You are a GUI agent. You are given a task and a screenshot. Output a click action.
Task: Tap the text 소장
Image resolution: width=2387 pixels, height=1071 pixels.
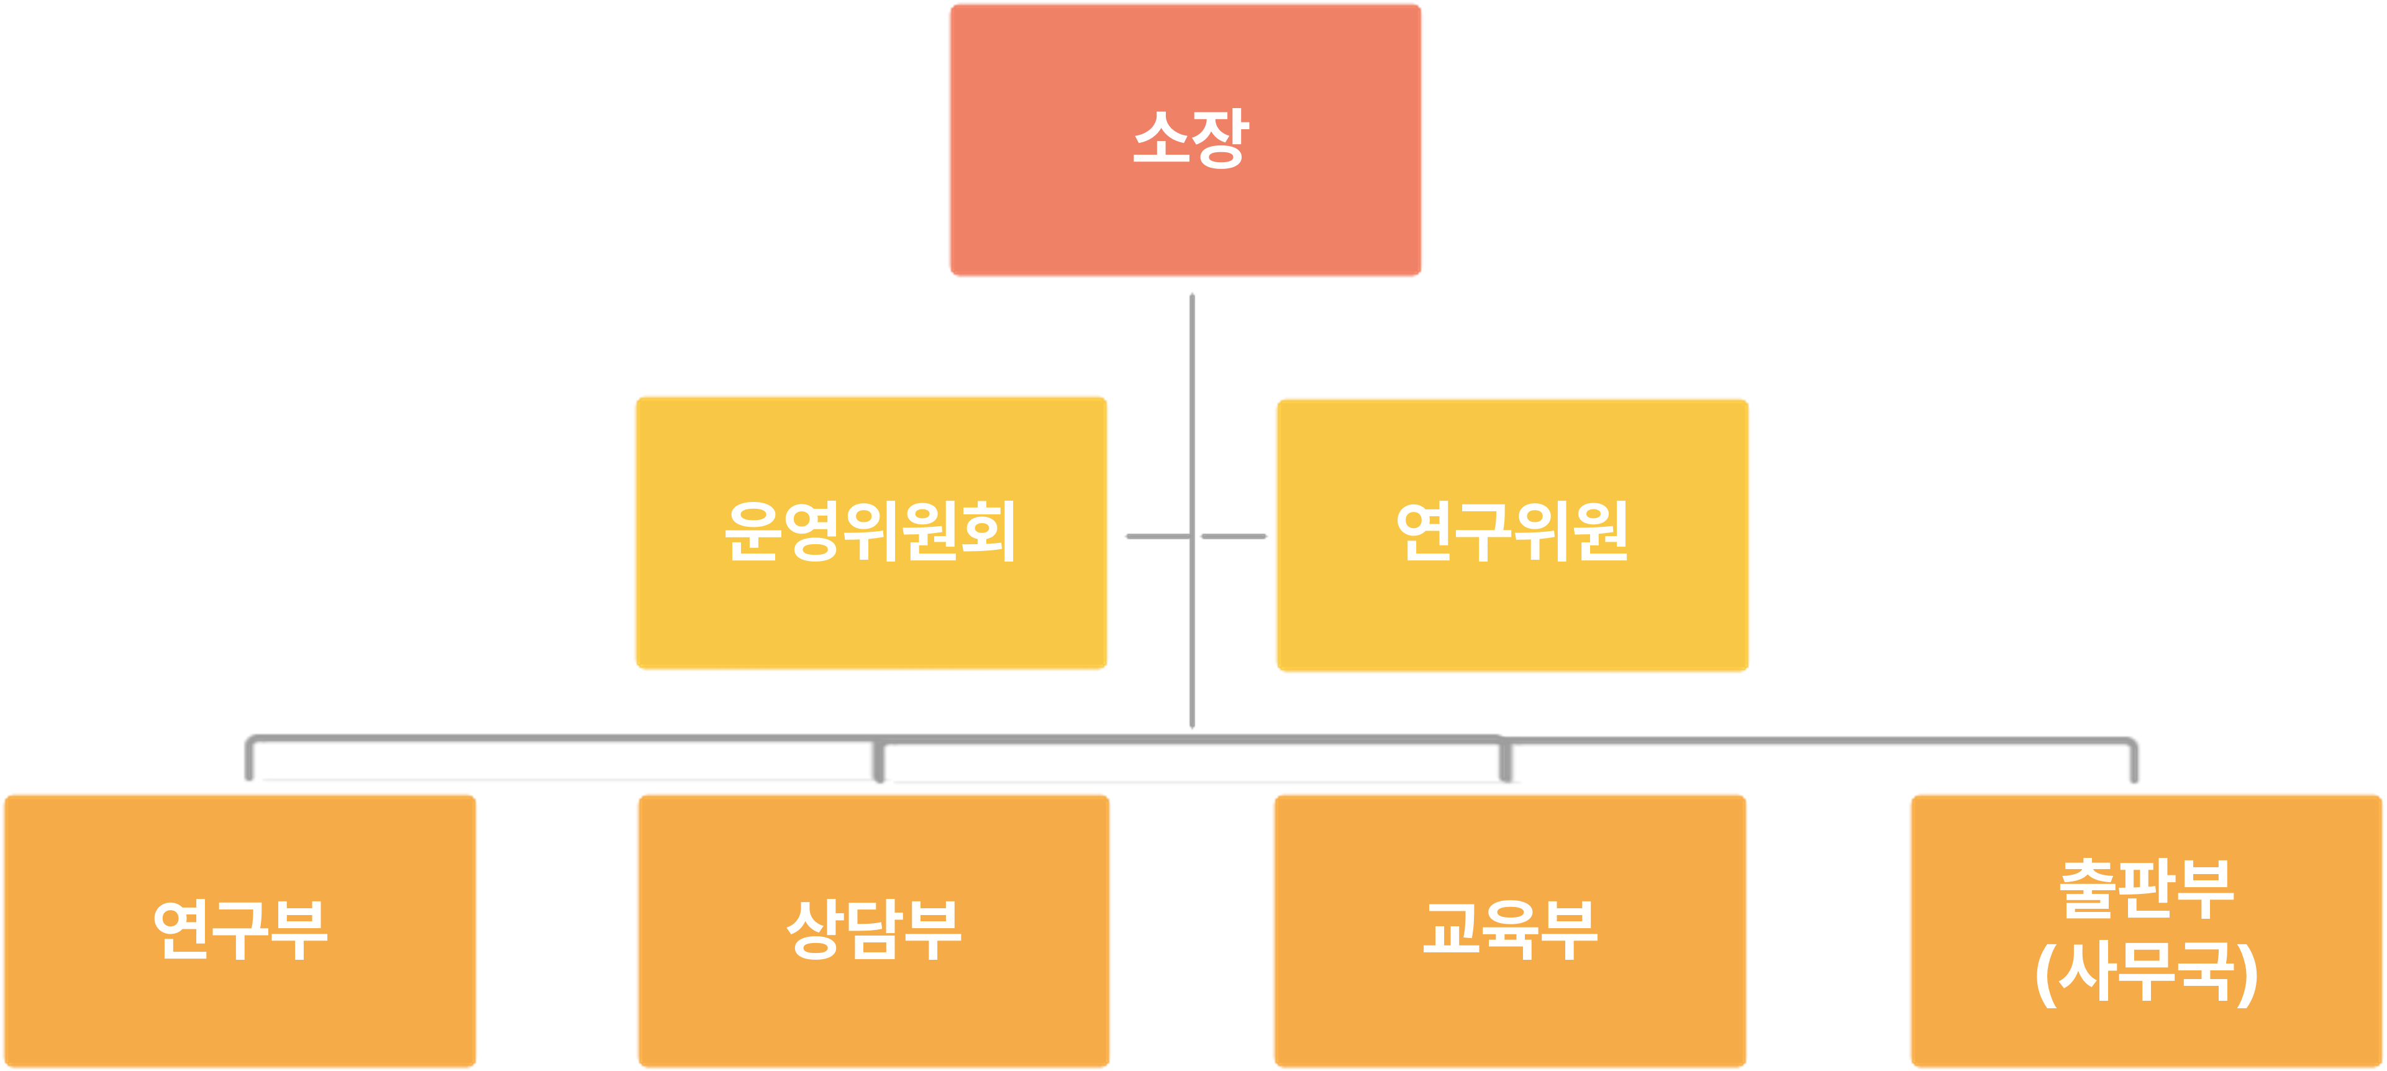[1191, 139]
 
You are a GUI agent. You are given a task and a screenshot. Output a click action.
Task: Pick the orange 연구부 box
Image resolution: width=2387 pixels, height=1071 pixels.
[239, 1019]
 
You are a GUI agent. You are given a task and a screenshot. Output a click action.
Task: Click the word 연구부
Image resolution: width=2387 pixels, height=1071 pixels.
[240, 929]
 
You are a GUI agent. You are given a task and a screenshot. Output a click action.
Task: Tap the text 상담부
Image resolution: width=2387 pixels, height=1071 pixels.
[874, 929]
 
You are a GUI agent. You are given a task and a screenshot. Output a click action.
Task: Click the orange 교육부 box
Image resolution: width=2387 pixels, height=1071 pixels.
[1509, 1019]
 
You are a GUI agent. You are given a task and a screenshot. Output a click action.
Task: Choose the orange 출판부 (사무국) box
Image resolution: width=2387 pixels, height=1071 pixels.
[2146, 1037]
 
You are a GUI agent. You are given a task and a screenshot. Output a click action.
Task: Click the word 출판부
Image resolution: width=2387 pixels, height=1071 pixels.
[2146, 890]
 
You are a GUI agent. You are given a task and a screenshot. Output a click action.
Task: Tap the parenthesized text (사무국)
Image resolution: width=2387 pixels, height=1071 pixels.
[2146, 973]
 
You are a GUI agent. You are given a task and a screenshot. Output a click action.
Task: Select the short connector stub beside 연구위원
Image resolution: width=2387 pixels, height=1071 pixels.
[1234, 535]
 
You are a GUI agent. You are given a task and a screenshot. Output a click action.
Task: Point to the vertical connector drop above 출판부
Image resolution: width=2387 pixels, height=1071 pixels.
[2133, 762]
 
